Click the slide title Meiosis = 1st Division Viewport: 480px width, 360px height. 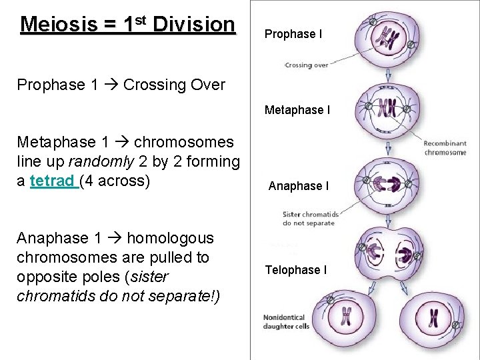[x=128, y=25]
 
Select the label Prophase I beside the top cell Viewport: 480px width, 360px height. [x=293, y=34]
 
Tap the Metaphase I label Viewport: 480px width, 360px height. [x=297, y=110]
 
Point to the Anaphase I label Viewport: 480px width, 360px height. [x=298, y=186]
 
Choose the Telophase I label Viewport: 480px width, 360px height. [x=295, y=270]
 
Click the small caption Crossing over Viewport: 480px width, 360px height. [x=306, y=65]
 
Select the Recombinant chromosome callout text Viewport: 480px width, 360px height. [x=445, y=148]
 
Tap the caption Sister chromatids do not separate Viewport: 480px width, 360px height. [x=311, y=218]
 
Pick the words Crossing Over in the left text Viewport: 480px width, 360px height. [x=174, y=85]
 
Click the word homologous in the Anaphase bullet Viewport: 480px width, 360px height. [x=170, y=238]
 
